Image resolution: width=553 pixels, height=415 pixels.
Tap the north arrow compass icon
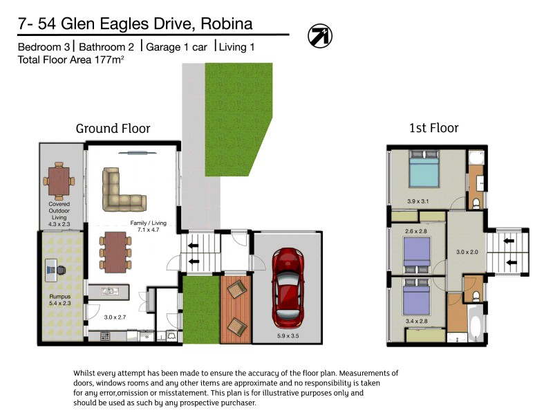pyautogui.click(x=320, y=35)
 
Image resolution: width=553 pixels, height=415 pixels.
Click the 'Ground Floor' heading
pyautogui.click(x=113, y=129)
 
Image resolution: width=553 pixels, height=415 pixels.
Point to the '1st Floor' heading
pyautogui.click(x=434, y=128)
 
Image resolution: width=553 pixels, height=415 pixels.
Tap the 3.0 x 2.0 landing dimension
pyautogui.click(x=467, y=253)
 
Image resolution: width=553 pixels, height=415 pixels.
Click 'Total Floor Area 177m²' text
pyautogui.click(x=70, y=60)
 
